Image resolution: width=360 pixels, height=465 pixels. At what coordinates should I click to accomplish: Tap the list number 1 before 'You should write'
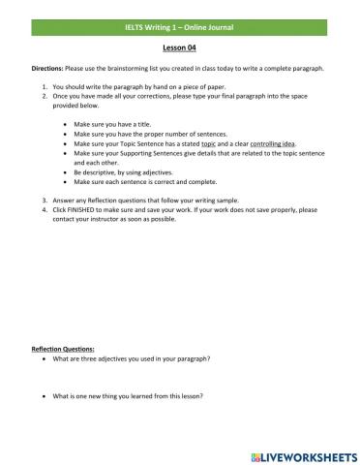coord(44,88)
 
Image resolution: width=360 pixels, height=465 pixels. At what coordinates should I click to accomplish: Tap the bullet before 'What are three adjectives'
coord(45,356)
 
